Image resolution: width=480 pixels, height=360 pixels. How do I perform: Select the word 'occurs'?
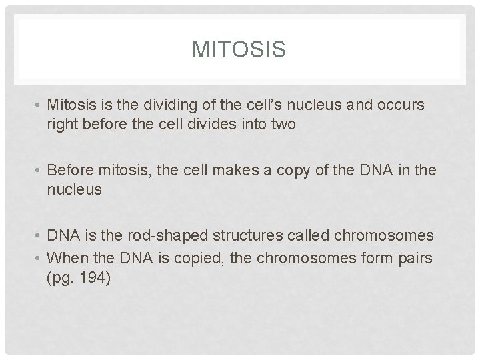point(402,106)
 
